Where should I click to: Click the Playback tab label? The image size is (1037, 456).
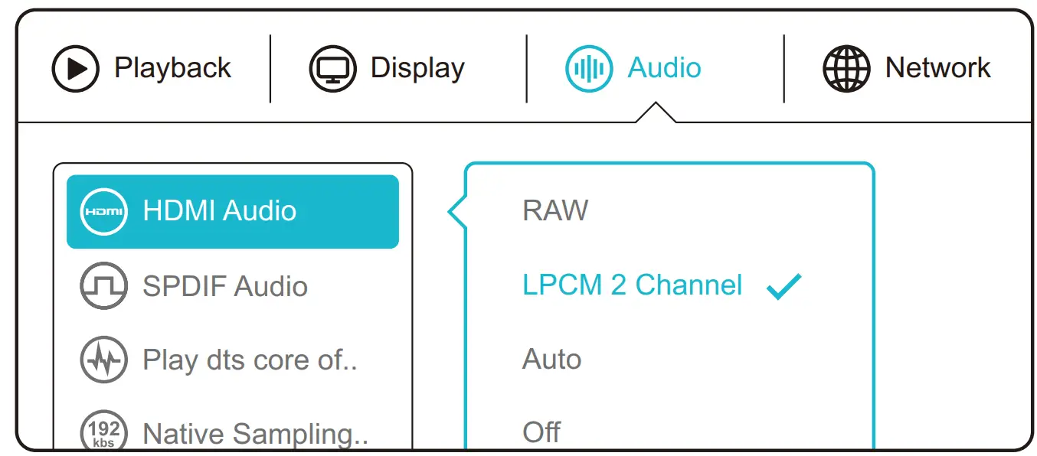(172, 68)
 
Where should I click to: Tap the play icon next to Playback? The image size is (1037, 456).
(75, 69)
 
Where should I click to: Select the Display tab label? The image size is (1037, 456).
(417, 68)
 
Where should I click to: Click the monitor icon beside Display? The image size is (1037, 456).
(332, 69)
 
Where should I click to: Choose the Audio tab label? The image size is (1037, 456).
(664, 68)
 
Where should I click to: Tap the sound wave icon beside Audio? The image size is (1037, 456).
(588, 69)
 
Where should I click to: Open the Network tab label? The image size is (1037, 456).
(937, 68)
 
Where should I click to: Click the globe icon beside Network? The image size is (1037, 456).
(846, 69)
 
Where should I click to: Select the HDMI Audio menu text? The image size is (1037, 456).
(220, 211)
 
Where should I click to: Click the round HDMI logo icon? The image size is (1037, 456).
(103, 211)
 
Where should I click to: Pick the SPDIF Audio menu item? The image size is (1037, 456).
(225, 286)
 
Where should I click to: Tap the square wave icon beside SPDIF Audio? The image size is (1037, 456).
(103, 286)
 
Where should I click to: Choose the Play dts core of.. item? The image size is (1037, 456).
(250, 360)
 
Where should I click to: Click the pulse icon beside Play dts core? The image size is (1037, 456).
(103, 360)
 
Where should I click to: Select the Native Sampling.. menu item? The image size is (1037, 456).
(255, 434)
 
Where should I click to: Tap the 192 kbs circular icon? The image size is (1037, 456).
(103, 432)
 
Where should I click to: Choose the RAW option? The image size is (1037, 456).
(555, 210)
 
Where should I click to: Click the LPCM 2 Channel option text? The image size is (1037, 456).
(633, 285)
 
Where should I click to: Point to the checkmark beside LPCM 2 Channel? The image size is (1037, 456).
(783, 286)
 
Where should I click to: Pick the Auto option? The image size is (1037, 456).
(551, 359)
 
